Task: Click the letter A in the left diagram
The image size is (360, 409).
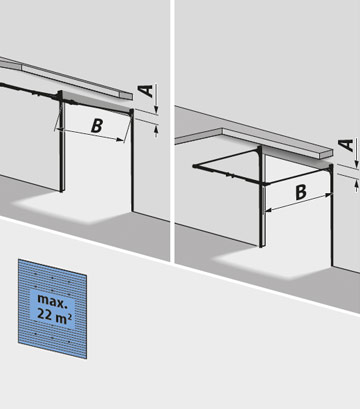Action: [x=147, y=92]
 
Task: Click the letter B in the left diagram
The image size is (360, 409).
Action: [x=97, y=126]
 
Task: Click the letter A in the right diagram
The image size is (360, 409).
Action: [x=345, y=146]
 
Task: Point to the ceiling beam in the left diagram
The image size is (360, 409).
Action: [x=70, y=81]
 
